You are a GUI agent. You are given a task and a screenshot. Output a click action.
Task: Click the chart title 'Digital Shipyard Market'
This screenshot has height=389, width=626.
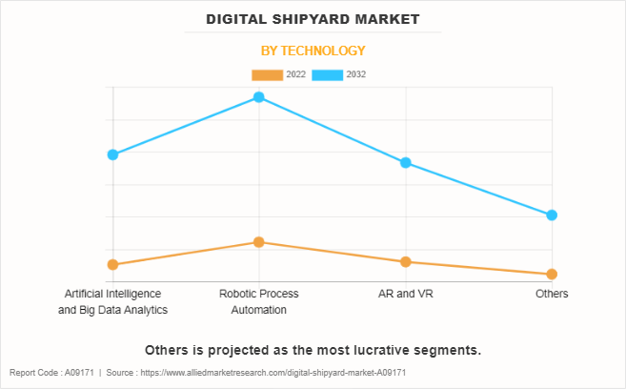(x=313, y=19)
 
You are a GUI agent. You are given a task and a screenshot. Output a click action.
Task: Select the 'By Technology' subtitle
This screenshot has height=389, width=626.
(x=313, y=51)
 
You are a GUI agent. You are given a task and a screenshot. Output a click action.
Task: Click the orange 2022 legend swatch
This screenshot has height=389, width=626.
(x=267, y=74)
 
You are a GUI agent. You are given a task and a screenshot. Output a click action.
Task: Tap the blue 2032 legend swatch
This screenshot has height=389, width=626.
(x=328, y=74)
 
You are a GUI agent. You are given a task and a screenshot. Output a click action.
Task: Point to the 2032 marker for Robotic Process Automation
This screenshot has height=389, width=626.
(x=258, y=97)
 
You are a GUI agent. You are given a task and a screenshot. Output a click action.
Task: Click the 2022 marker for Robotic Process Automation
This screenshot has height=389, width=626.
(x=258, y=242)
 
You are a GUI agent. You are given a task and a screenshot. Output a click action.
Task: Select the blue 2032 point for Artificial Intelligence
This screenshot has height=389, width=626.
(x=112, y=154)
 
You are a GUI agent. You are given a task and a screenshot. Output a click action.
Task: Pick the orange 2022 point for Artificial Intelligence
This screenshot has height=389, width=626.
(x=112, y=264)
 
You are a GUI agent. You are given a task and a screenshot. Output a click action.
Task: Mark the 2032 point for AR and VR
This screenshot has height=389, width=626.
(x=406, y=163)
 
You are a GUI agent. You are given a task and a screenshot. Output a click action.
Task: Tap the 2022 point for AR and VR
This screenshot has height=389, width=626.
(x=406, y=261)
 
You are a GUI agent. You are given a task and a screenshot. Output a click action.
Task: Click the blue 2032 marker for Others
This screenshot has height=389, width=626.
(x=552, y=215)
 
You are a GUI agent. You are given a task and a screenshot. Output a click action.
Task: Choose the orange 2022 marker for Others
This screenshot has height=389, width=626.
(x=552, y=275)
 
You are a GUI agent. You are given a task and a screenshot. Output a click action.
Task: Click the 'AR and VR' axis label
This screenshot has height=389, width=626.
(x=406, y=294)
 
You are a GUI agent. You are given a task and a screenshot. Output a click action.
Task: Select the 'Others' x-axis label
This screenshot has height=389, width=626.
(x=552, y=294)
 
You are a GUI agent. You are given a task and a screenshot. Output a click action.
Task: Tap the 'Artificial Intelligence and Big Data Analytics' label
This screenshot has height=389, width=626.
(x=112, y=301)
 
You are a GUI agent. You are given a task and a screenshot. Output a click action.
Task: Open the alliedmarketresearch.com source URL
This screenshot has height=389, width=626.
(x=273, y=373)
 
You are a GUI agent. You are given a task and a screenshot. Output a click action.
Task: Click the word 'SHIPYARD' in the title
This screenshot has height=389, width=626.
(x=315, y=19)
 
